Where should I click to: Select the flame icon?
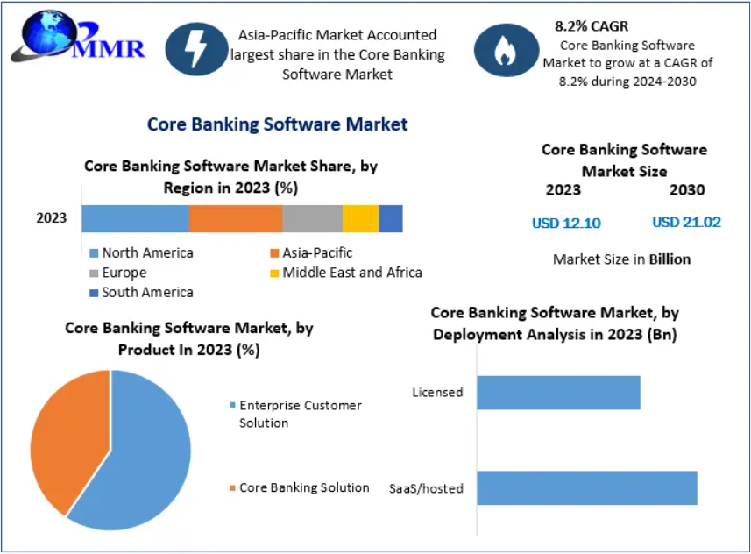(505, 53)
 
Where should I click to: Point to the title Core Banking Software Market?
(277, 124)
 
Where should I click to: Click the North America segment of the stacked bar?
(135, 218)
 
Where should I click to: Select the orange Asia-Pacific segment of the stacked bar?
(236, 218)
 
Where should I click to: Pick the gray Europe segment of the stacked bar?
(312, 218)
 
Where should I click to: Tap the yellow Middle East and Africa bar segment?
(360, 218)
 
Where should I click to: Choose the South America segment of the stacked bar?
(391, 218)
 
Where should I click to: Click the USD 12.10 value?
(566, 223)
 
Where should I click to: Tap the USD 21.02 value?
(686, 222)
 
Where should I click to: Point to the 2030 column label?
(687, 189)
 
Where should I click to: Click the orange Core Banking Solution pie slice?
(66, 438)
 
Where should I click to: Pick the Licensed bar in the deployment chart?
(558, 393)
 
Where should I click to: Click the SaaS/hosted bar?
(586, 488)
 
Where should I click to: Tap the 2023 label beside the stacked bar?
(52, 218)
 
